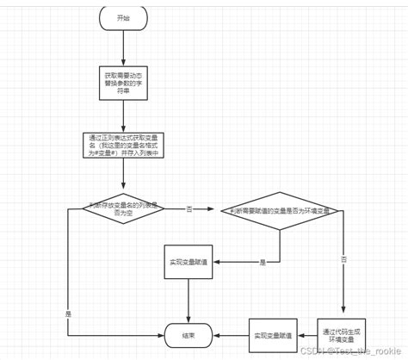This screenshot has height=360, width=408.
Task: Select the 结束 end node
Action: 187,334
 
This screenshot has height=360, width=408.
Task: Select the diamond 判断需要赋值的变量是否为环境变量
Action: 275,210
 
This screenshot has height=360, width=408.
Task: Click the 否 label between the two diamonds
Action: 189,208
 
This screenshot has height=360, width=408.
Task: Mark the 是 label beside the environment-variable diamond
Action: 263,261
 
